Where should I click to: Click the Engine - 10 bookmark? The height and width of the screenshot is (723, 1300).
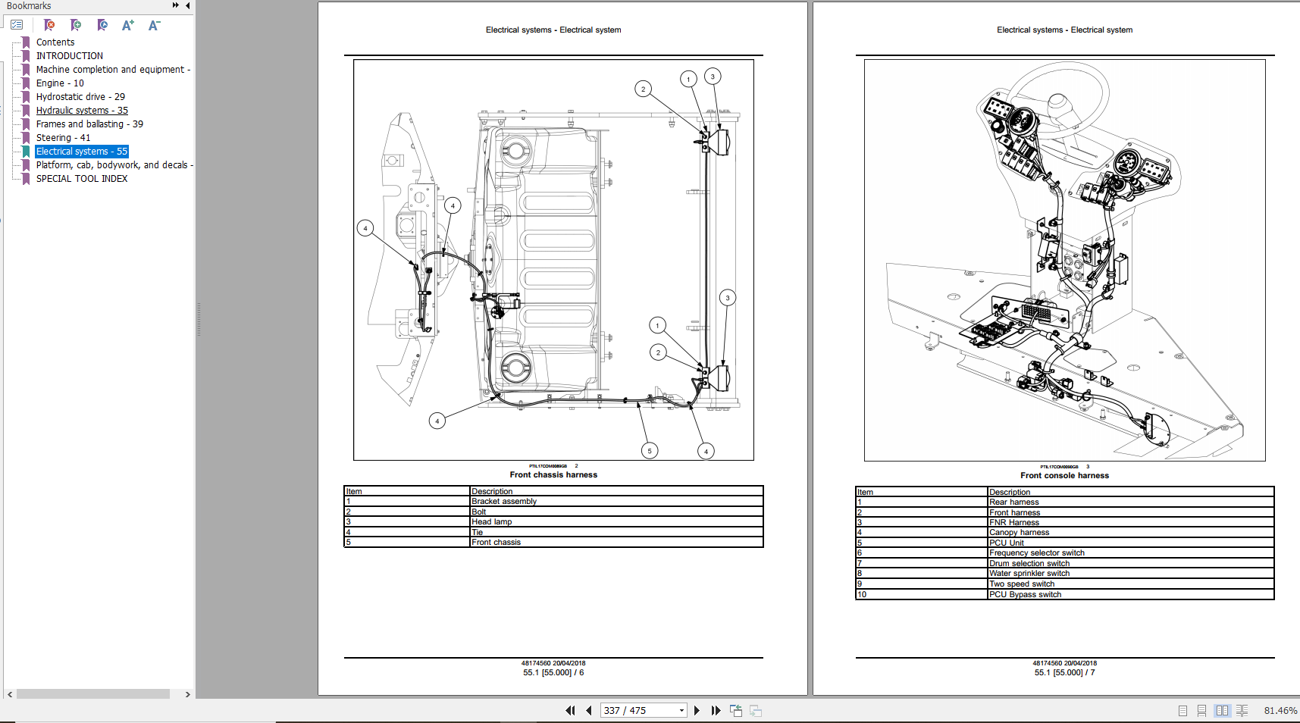[60, 83]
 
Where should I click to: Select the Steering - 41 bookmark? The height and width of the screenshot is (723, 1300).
[63, 138]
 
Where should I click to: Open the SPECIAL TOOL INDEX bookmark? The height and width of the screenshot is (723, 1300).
[81, 179]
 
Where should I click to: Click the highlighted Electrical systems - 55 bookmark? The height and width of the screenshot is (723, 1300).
[81, 152]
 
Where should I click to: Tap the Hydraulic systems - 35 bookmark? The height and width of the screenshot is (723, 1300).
[82, 111]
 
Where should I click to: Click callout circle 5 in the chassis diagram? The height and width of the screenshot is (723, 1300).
[649, 451]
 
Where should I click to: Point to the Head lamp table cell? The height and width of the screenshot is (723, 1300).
[491, 522]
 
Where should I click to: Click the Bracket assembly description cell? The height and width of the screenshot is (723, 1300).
[504, 502]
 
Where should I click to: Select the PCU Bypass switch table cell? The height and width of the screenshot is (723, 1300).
[1025, 595]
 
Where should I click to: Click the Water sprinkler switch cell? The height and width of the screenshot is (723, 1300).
[1029, 574]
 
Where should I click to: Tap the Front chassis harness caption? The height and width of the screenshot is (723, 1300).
[553, 475]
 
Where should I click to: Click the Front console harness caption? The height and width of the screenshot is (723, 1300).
[1064, 476]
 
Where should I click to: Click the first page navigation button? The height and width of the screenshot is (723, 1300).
[570, 711]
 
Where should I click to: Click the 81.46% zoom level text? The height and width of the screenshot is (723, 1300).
[1280, 711]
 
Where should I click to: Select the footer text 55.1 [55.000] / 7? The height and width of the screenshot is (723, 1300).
[1064, 673]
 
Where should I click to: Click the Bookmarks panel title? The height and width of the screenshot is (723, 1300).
[29, 6]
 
